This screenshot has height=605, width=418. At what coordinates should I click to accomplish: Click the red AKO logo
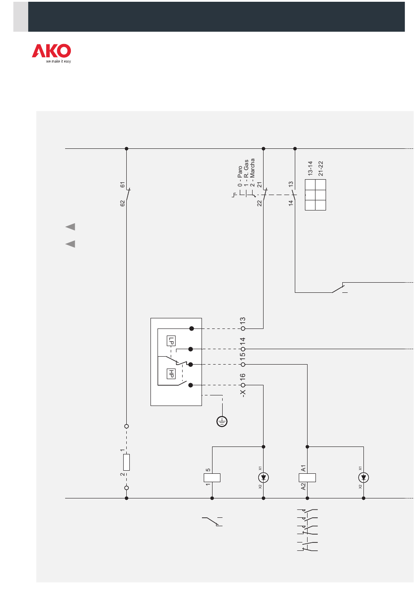pos(51,51)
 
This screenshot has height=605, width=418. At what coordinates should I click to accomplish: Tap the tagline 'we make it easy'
pos(58,61)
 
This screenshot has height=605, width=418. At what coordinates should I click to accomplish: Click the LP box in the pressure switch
pos(171,341)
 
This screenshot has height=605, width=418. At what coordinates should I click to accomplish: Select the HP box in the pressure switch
pos(171,374)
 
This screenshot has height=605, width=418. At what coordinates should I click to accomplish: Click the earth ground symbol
pos(222,421)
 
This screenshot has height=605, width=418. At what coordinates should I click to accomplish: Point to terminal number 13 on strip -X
pos(242,321)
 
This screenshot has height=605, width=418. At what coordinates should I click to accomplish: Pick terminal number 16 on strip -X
pos(242,377)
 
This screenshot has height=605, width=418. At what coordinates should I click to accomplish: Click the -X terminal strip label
pos(242,393)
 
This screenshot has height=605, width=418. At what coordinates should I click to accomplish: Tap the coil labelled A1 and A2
pos(307,477)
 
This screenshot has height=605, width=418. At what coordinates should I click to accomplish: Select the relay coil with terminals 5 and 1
pos(212,477)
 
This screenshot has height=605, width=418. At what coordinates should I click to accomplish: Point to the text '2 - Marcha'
pos(252,173)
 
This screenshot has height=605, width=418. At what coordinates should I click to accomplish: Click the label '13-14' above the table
pos(310,168)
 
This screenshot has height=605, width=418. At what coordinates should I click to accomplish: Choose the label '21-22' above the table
pos(321,168)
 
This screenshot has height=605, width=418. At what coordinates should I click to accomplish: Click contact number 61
pos(122,185)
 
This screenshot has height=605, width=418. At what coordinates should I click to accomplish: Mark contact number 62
pos(122,203)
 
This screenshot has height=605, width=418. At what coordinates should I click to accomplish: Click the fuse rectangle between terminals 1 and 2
pos(126,462)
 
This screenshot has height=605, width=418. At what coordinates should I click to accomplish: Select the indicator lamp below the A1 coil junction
pos(363,477)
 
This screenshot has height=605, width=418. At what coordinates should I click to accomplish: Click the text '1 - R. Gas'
pos(246,173)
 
